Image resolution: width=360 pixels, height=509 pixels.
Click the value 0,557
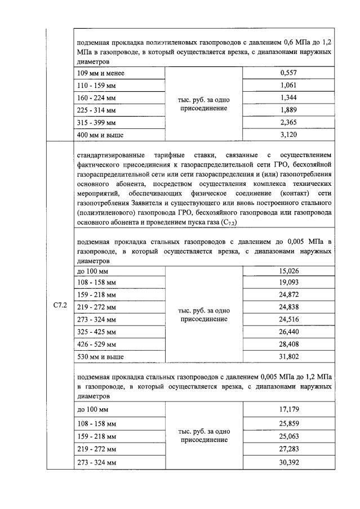tap(288, 73)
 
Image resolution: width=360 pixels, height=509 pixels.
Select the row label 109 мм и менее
tap(100, 73)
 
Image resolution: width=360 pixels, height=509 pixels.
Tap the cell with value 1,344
tap(288, 97)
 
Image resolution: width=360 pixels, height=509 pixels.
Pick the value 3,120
tap(288, 135)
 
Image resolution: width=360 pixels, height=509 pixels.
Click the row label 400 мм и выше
tap(100, 135)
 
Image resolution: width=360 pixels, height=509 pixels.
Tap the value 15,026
tap(288, 270)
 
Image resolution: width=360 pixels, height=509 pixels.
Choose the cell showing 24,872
tap(288, 294)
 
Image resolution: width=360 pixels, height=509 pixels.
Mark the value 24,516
tap(288, 319)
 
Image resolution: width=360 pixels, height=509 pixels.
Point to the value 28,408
tap(288, 343)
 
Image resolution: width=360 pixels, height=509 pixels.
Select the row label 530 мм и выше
tap(100, 356)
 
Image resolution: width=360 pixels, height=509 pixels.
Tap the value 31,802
tap(288, 356)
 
